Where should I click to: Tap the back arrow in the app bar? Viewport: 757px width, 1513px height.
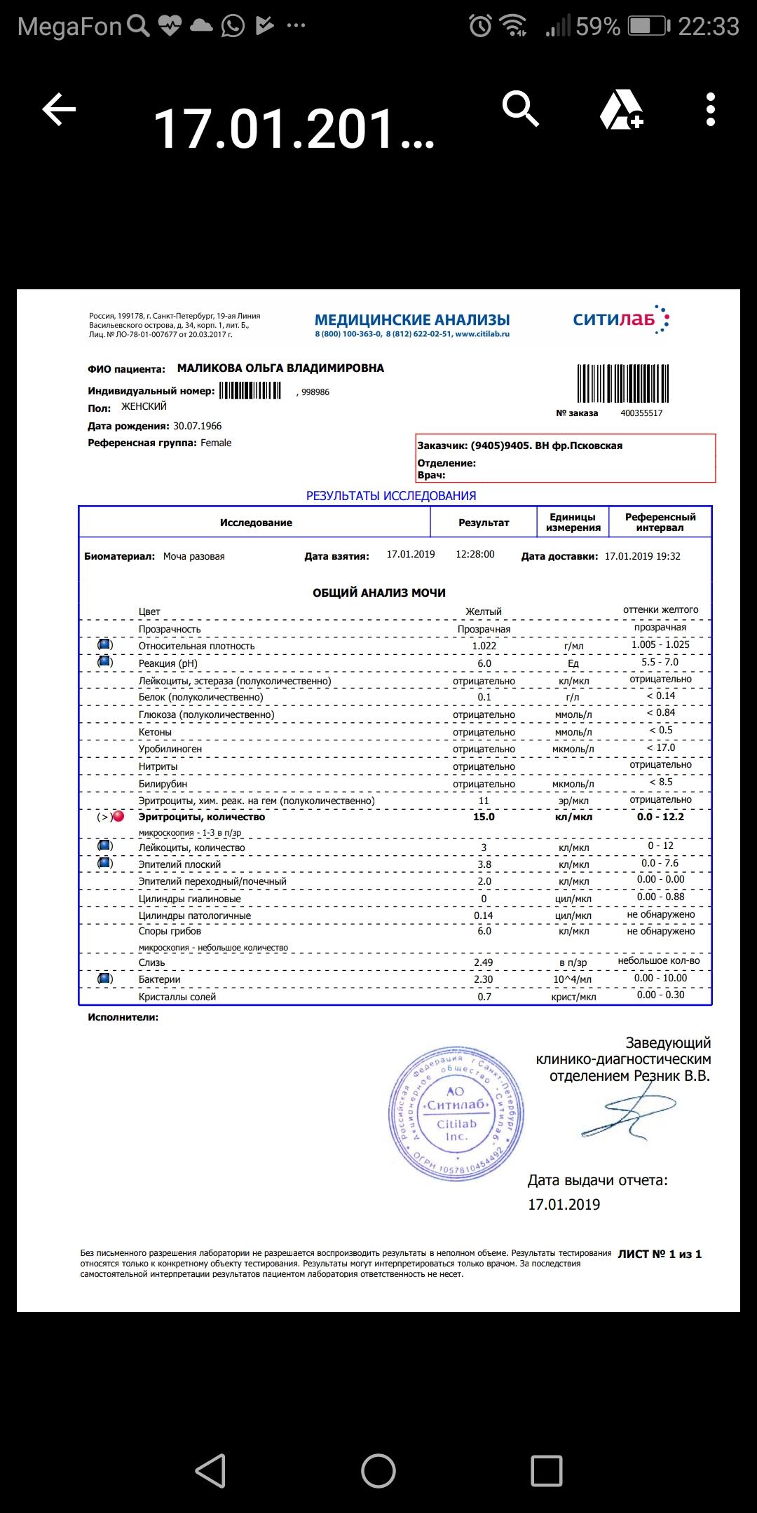59,110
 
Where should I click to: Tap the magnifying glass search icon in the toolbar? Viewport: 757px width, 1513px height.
520,109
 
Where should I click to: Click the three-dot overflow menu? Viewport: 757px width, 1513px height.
711,109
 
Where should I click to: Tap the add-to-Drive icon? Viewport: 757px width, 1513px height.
622,111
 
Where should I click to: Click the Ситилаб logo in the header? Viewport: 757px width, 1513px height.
621,320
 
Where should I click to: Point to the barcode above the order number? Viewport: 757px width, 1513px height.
622,382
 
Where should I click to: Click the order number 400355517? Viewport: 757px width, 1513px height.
641,413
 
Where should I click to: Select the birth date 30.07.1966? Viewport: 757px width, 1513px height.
197,426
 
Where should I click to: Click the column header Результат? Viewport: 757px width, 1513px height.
484,523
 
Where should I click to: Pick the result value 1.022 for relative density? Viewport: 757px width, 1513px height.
484,646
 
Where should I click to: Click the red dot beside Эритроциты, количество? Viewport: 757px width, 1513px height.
118,816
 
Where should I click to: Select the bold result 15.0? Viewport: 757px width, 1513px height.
484,817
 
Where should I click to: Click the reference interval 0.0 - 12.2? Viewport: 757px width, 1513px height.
660,817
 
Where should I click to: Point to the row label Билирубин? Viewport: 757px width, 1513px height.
163,784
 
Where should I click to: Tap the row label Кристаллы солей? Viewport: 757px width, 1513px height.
177,997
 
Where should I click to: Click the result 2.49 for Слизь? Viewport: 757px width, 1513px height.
484,962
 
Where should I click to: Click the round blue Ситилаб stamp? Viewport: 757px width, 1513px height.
456,1112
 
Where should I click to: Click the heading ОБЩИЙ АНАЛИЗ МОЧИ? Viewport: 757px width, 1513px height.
379,593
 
